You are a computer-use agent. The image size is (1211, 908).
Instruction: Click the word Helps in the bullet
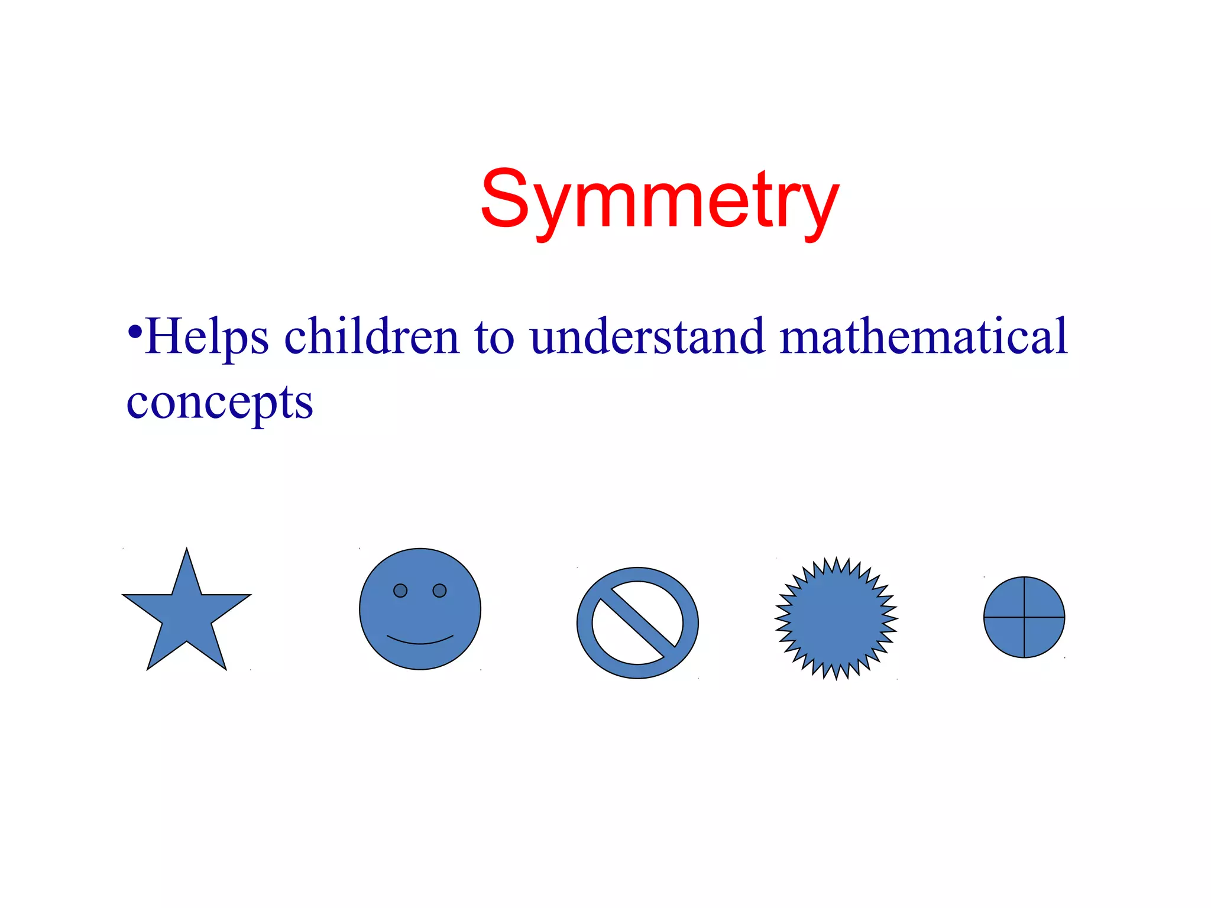pyautogui.click(x=207, y=337)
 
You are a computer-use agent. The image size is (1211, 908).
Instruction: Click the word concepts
pyautogui.click(x=219, y=403)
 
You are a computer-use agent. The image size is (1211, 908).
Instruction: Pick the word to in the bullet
pyautogui.click(x=494, y=337)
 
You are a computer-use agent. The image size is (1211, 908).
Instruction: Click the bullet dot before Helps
pyautogui.click(x=135, y=331)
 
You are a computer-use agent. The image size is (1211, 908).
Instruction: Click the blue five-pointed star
pyautogui.click(x=186, y=615)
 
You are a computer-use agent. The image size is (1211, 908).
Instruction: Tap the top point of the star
pyautogui.click(x=187, y=552)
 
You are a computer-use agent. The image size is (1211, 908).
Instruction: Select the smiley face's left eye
pyautogui.click(x=400, y=591)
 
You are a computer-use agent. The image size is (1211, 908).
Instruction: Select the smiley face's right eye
pyautogui.click(x=439, y=591)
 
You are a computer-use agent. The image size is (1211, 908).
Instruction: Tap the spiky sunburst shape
pyautogui.click(x=836, y=618)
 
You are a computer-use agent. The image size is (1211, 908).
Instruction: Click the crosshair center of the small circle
pyautogui.click(x=1024, y=617)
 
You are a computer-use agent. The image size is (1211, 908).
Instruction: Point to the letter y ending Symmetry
pyautogui.click(x=821, y=207)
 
